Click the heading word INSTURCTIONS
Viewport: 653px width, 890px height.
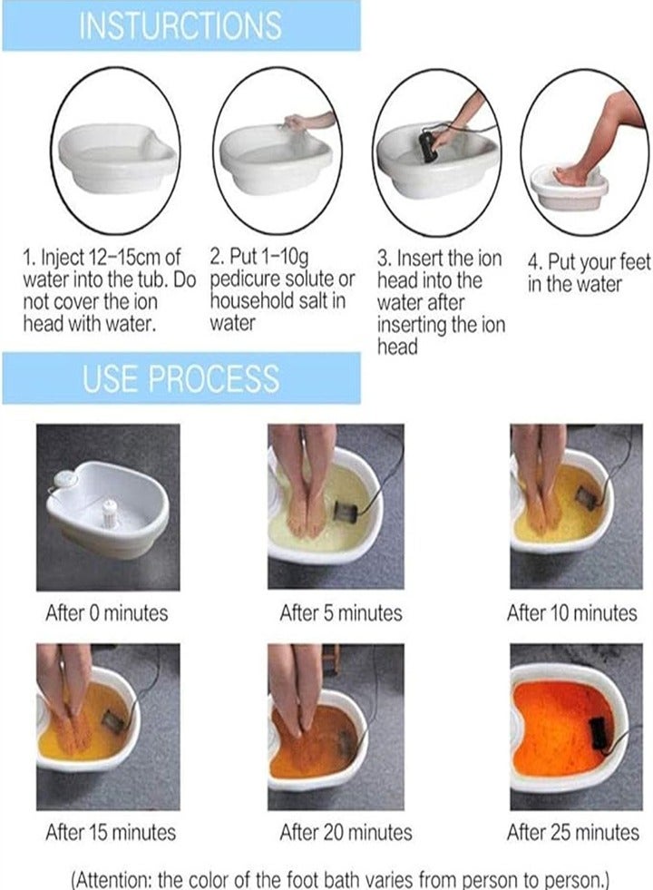pos(180,25)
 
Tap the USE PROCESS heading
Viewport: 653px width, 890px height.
pos(181,378)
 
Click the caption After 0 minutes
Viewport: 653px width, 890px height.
pos(107,613)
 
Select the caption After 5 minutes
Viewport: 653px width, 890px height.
pos(340,613)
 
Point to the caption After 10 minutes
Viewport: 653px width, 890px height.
pos(572,613)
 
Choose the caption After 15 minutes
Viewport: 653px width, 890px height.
pos(111,832)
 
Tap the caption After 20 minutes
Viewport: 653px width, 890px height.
pos(346,832)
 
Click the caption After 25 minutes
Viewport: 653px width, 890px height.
pos(573,832)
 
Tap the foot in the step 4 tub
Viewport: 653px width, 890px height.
pos(570,175)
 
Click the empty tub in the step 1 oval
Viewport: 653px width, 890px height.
pos(117,157)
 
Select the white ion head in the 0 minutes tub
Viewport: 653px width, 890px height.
pos(108,514)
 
